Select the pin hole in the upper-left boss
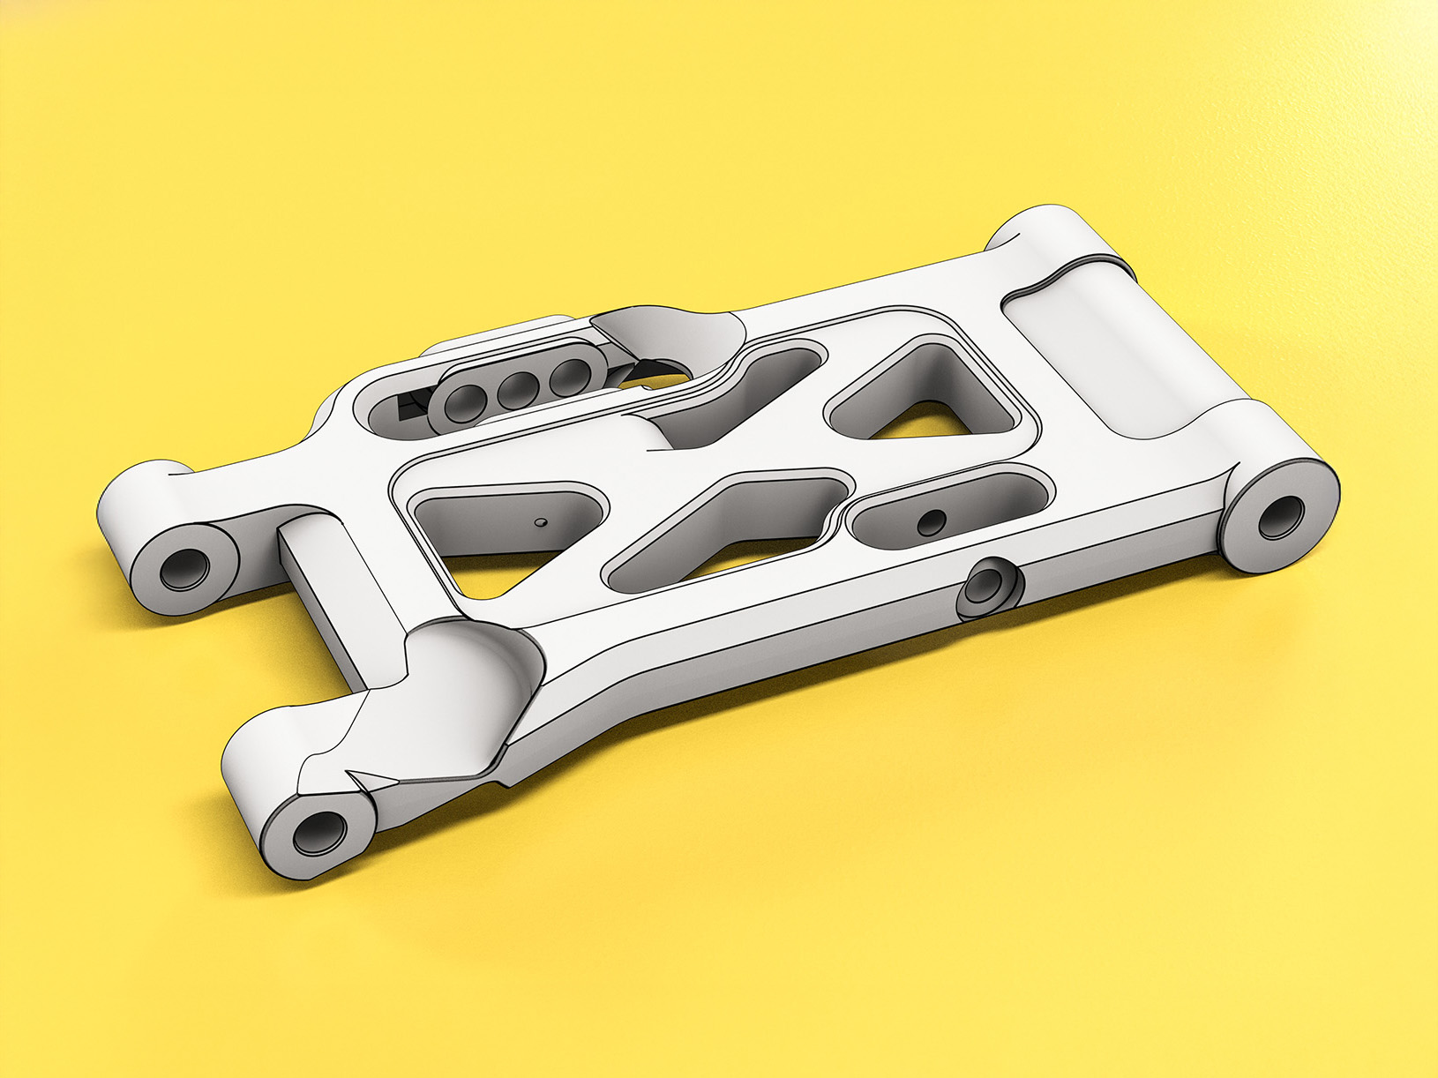coord(184,569)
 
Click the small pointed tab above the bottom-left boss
coord(371,777)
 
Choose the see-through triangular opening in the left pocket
coord(494,573)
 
